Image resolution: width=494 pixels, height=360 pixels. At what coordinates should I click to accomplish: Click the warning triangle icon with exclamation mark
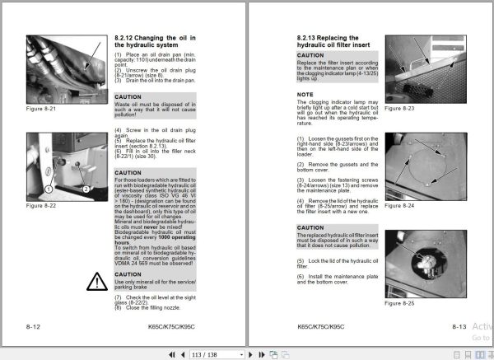97,282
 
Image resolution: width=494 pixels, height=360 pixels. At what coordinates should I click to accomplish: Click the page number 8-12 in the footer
35,327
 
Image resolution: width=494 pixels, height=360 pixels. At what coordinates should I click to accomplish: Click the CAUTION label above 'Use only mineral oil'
128,274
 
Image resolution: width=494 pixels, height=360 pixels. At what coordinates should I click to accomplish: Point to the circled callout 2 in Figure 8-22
86,189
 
